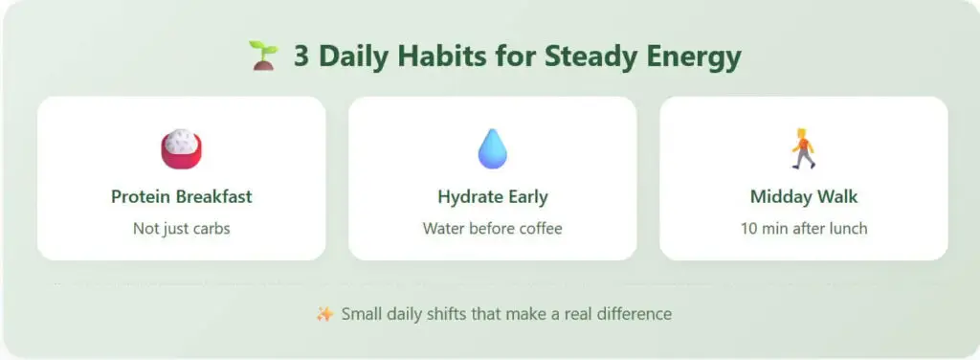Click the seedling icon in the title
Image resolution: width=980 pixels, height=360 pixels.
(x=262, y=56)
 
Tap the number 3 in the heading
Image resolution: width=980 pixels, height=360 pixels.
(x=301, y=56)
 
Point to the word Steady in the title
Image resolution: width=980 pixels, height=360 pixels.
(x=583, y=56)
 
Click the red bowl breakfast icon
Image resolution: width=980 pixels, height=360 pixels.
(x=181, y=148)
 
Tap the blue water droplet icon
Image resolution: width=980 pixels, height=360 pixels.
(x=492, y=148)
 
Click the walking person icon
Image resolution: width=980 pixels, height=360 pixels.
(x=803, y=148)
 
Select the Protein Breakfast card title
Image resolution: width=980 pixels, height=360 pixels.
(x=181, y=197)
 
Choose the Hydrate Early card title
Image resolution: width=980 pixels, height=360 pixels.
(x=492, y=197)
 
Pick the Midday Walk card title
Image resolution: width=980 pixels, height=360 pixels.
(x=803, y=197)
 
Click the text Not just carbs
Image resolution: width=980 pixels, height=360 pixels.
(x=181, y=229)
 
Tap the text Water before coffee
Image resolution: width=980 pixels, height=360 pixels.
(x=492, y=229)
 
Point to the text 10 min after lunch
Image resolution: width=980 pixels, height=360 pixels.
(x=803, y=229)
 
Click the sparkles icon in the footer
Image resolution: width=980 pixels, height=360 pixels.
(x=324, y=313)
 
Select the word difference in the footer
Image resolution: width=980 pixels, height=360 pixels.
(x=637, y=313)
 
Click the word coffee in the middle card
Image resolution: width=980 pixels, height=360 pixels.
(x=539, y=229)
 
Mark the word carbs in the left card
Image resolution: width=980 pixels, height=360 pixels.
(x=210, y=229)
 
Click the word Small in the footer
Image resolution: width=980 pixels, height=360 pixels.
(x=361, y=313)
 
